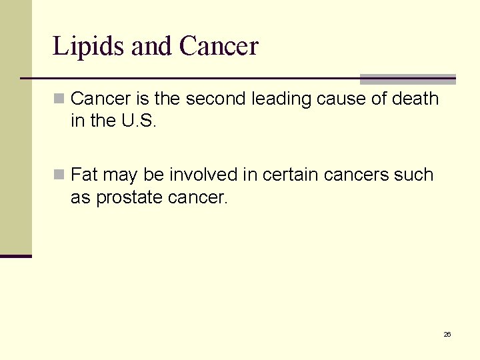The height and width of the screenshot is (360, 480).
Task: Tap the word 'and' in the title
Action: coord(152,47)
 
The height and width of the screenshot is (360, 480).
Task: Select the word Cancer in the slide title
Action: coord(219,47)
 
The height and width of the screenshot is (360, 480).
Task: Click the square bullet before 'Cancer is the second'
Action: coord(59,99)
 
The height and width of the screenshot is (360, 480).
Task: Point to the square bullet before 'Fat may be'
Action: coord(59,175)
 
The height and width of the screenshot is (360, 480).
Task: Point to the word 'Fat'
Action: coord(83,175)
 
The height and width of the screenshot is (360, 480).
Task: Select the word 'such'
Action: coord(416,175)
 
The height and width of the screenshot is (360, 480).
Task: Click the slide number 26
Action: coord(447,334)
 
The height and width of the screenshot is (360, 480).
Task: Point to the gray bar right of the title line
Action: coord(407,79)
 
